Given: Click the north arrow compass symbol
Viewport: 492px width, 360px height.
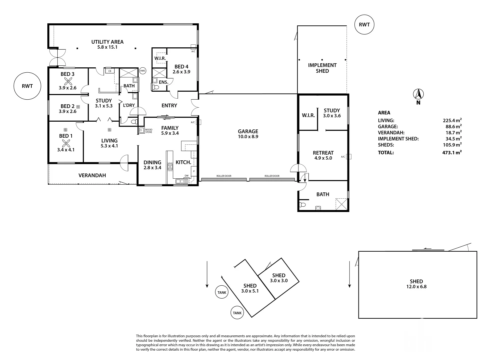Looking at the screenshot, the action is click(x=418, y=95).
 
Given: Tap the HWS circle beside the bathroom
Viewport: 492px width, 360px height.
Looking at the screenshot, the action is click(x=143, y=71).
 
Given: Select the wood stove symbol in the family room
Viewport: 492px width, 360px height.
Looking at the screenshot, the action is click(x=142, y=131).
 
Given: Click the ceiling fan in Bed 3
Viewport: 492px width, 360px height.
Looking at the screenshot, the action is click(x=68, y=82).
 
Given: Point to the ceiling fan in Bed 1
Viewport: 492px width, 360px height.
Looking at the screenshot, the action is click(x=66, y=144).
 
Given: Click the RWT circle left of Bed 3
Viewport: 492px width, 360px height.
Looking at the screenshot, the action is click(x=27, y=86).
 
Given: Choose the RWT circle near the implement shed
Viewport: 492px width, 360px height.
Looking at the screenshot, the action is click(x=364, y=25).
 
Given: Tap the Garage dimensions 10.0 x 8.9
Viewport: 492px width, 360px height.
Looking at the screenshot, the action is click(x=248, y=136).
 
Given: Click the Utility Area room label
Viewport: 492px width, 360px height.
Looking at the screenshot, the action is click(x=107, y=42).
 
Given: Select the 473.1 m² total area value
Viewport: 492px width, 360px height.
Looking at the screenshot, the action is click(x=452, y=152).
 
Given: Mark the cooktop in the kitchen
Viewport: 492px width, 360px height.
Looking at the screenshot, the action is click(x=170, y=167).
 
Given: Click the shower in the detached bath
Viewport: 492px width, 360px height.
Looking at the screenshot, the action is click(x=341, y=204).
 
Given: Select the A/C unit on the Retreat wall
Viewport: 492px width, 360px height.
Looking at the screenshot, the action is click(x=348, y=157).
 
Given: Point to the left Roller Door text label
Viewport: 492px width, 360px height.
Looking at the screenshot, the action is click(x=224, y=176).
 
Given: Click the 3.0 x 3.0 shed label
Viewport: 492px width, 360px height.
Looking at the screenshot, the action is click(x=279, y=281).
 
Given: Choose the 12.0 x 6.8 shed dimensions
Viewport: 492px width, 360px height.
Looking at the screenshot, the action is click(x=416, y=287).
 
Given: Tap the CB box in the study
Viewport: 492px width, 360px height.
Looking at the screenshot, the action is click(x=110, y=71).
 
